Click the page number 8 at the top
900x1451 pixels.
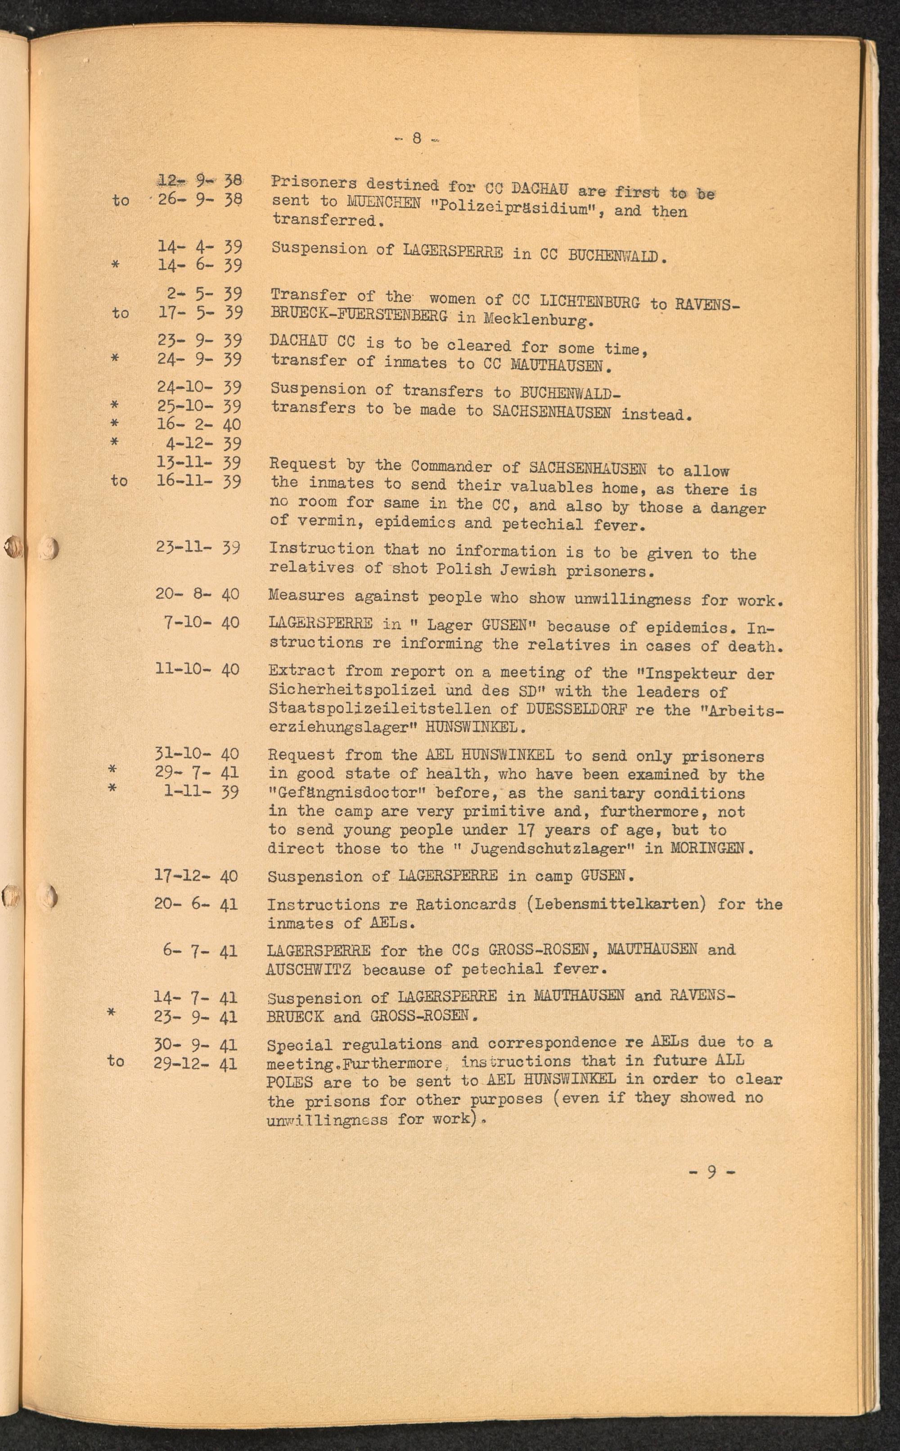coord(417,139)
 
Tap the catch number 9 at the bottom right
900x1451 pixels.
coord(712,1172)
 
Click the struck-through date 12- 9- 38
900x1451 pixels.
coord(199,180)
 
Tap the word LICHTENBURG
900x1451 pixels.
coord(589,301)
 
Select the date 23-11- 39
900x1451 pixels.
coord(198,547)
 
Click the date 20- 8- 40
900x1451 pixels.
coord(197,594)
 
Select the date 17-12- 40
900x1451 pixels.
coord(196,876)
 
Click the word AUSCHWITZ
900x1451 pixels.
coord(308,970)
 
